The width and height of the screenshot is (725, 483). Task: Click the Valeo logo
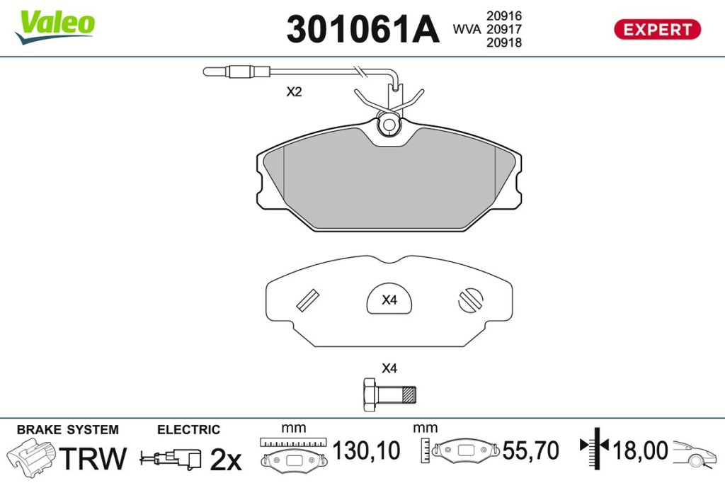coord(55,26)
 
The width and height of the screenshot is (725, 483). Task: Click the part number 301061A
coord(362,29)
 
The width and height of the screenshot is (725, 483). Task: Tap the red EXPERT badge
coord(657,30)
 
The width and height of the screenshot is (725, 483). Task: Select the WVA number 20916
coord(504,16)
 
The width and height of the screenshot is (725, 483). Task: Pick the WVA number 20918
coord(504,42)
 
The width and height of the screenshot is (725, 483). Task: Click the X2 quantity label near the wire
coord(294,91)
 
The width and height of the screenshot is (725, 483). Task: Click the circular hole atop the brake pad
coord(389,125)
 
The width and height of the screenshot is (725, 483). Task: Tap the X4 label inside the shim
coord(389,300)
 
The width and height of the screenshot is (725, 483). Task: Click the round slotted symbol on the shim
coord(471,300)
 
